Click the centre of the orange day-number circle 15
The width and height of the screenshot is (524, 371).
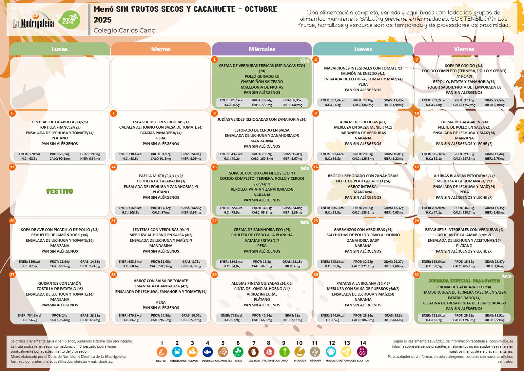coord(214,167)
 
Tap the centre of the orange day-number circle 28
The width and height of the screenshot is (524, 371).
coord(113,275)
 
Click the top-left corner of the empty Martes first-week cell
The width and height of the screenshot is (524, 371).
coord(111,57)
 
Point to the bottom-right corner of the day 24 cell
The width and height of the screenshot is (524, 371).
coord(514,270)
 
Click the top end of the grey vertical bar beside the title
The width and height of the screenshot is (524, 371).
coord(89,4)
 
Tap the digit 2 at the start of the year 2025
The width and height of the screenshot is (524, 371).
coord(96,20)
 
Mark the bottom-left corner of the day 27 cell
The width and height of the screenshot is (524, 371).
coord(10,324)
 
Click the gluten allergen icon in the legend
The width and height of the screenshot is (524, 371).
coord(162,352)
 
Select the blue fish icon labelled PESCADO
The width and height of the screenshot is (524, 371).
coord(207,352)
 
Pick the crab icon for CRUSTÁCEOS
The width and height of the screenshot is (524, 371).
coord(177,352)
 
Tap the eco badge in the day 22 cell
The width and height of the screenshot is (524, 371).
coord(304,222)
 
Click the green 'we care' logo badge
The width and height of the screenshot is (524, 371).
coord(69,20)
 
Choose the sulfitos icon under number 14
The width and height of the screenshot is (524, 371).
coord(362,352)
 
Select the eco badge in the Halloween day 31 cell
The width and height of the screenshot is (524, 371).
coord(507,276)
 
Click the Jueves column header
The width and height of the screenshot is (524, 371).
coord(363,49)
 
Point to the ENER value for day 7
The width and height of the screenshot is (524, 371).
coord(130,154)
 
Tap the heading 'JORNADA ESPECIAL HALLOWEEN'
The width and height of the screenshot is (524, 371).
coord(464,281)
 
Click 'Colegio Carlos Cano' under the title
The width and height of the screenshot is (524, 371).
coord(125,31)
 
